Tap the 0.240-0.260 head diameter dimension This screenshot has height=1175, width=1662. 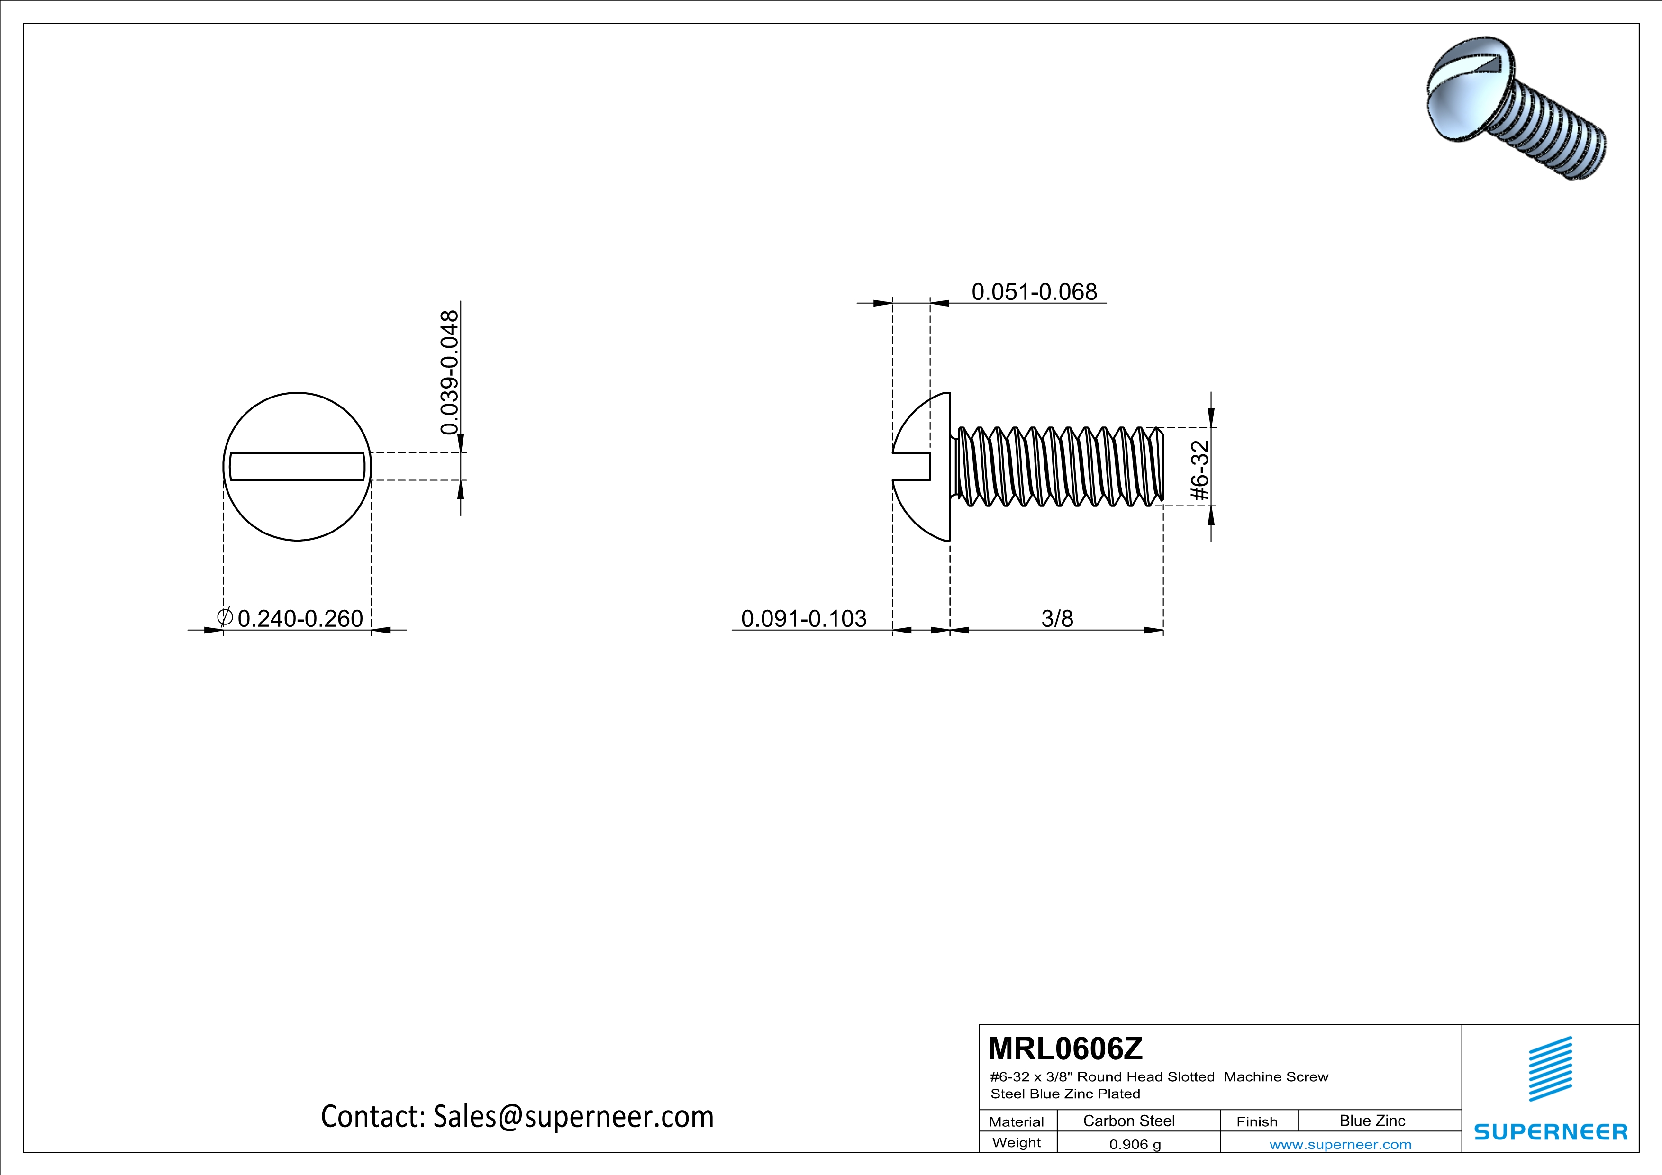point(300,619)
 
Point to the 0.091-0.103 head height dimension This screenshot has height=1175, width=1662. point(803,619)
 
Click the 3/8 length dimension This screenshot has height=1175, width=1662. point(1057,619)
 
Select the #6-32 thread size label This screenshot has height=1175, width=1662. point(1200,470)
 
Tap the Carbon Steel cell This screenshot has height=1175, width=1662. point(1128,1121)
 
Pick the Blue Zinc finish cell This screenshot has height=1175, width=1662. point(1371,1121)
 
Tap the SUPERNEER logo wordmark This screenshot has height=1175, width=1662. point(1551,1131)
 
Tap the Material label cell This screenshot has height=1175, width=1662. point(1017,1121)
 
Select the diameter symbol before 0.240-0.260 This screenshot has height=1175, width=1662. point(225,617)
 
